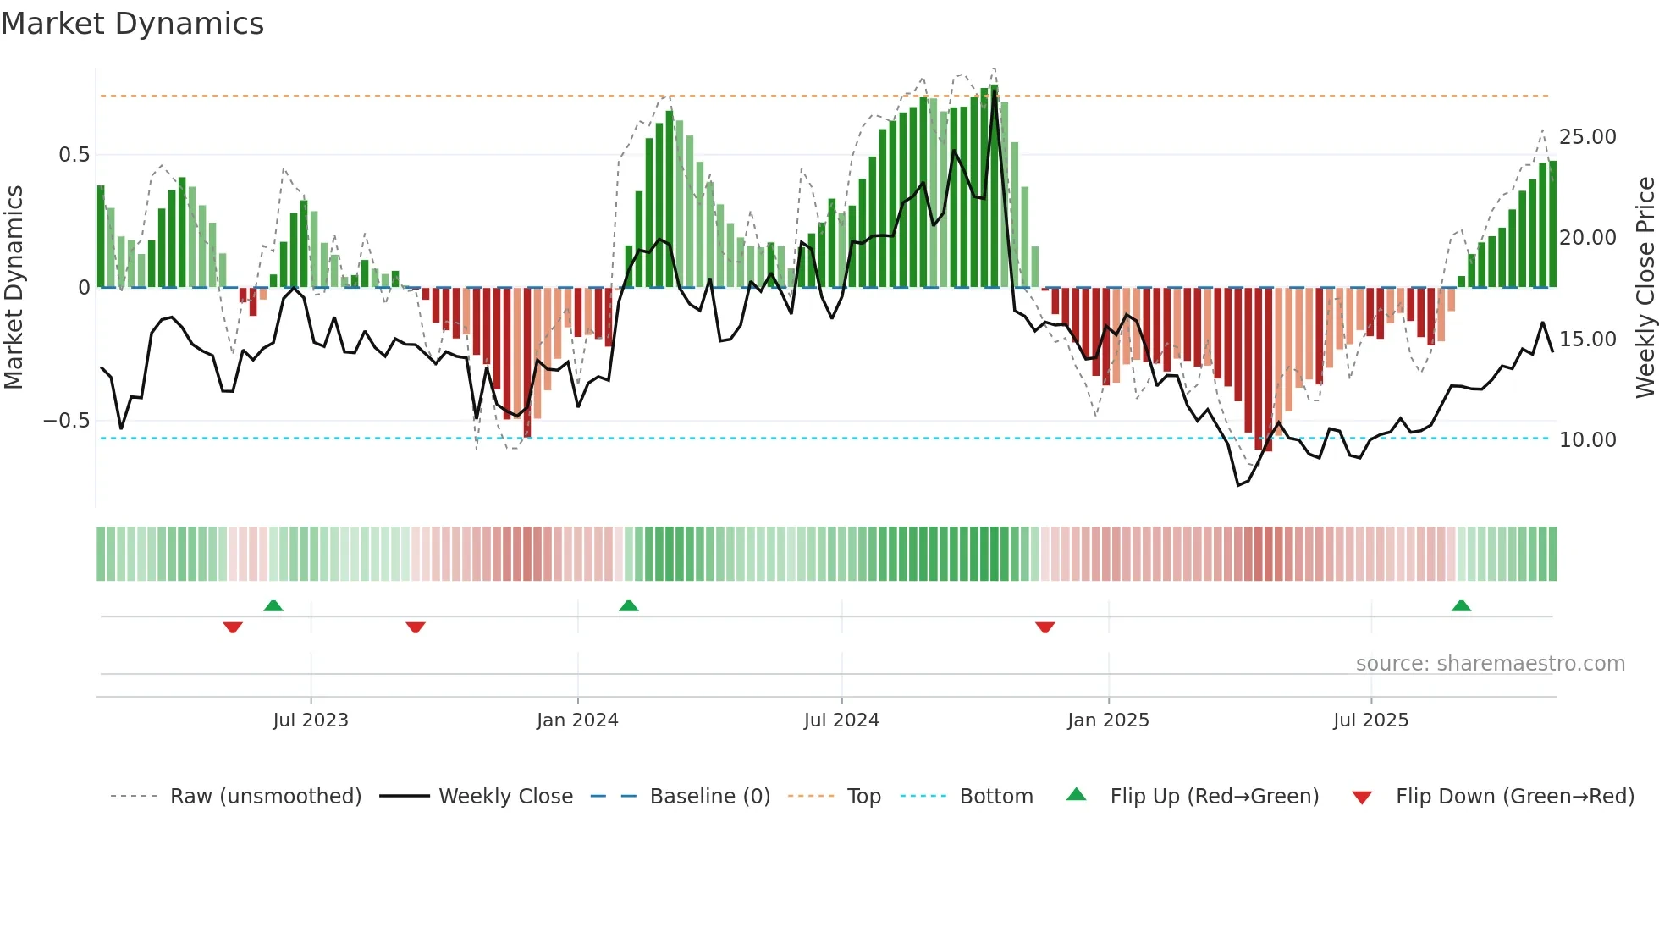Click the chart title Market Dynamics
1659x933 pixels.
point(133,24)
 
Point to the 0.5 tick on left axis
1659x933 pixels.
point(74,155)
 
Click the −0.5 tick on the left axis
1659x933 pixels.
point(66,421)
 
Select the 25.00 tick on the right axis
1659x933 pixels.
point(1587,137)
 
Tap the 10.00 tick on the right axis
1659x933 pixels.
point(1587,440)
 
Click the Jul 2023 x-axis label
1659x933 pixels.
point(311,720)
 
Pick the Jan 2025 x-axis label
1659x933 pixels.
point(1108,720)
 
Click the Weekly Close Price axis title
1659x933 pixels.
point(1645,288)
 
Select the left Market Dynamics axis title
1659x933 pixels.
point(14,288)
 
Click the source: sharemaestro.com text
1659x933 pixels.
point(1490,664)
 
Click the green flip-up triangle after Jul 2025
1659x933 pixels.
point(1461,605)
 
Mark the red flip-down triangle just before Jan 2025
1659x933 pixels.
point(1044,627)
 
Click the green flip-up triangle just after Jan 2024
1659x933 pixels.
point(628,605)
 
